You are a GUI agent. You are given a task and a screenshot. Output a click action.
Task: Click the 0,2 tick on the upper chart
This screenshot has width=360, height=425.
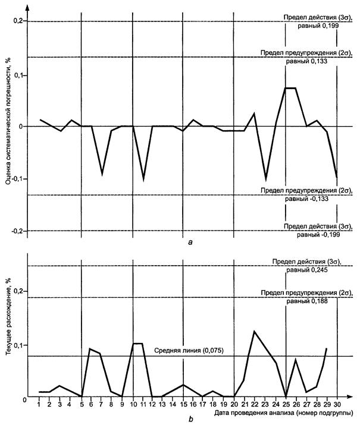(18, 21)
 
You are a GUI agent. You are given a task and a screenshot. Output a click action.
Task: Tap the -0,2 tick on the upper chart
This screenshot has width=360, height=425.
(17, 231)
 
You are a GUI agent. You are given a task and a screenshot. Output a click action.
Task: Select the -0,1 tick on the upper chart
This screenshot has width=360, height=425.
(17, 178)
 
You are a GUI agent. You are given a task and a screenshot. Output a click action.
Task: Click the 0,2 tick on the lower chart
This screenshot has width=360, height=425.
(18, 291)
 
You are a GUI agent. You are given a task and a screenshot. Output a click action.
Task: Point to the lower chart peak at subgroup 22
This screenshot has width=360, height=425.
(254, 331)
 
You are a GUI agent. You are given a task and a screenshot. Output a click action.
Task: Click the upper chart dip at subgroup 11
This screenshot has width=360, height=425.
(143, 178)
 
